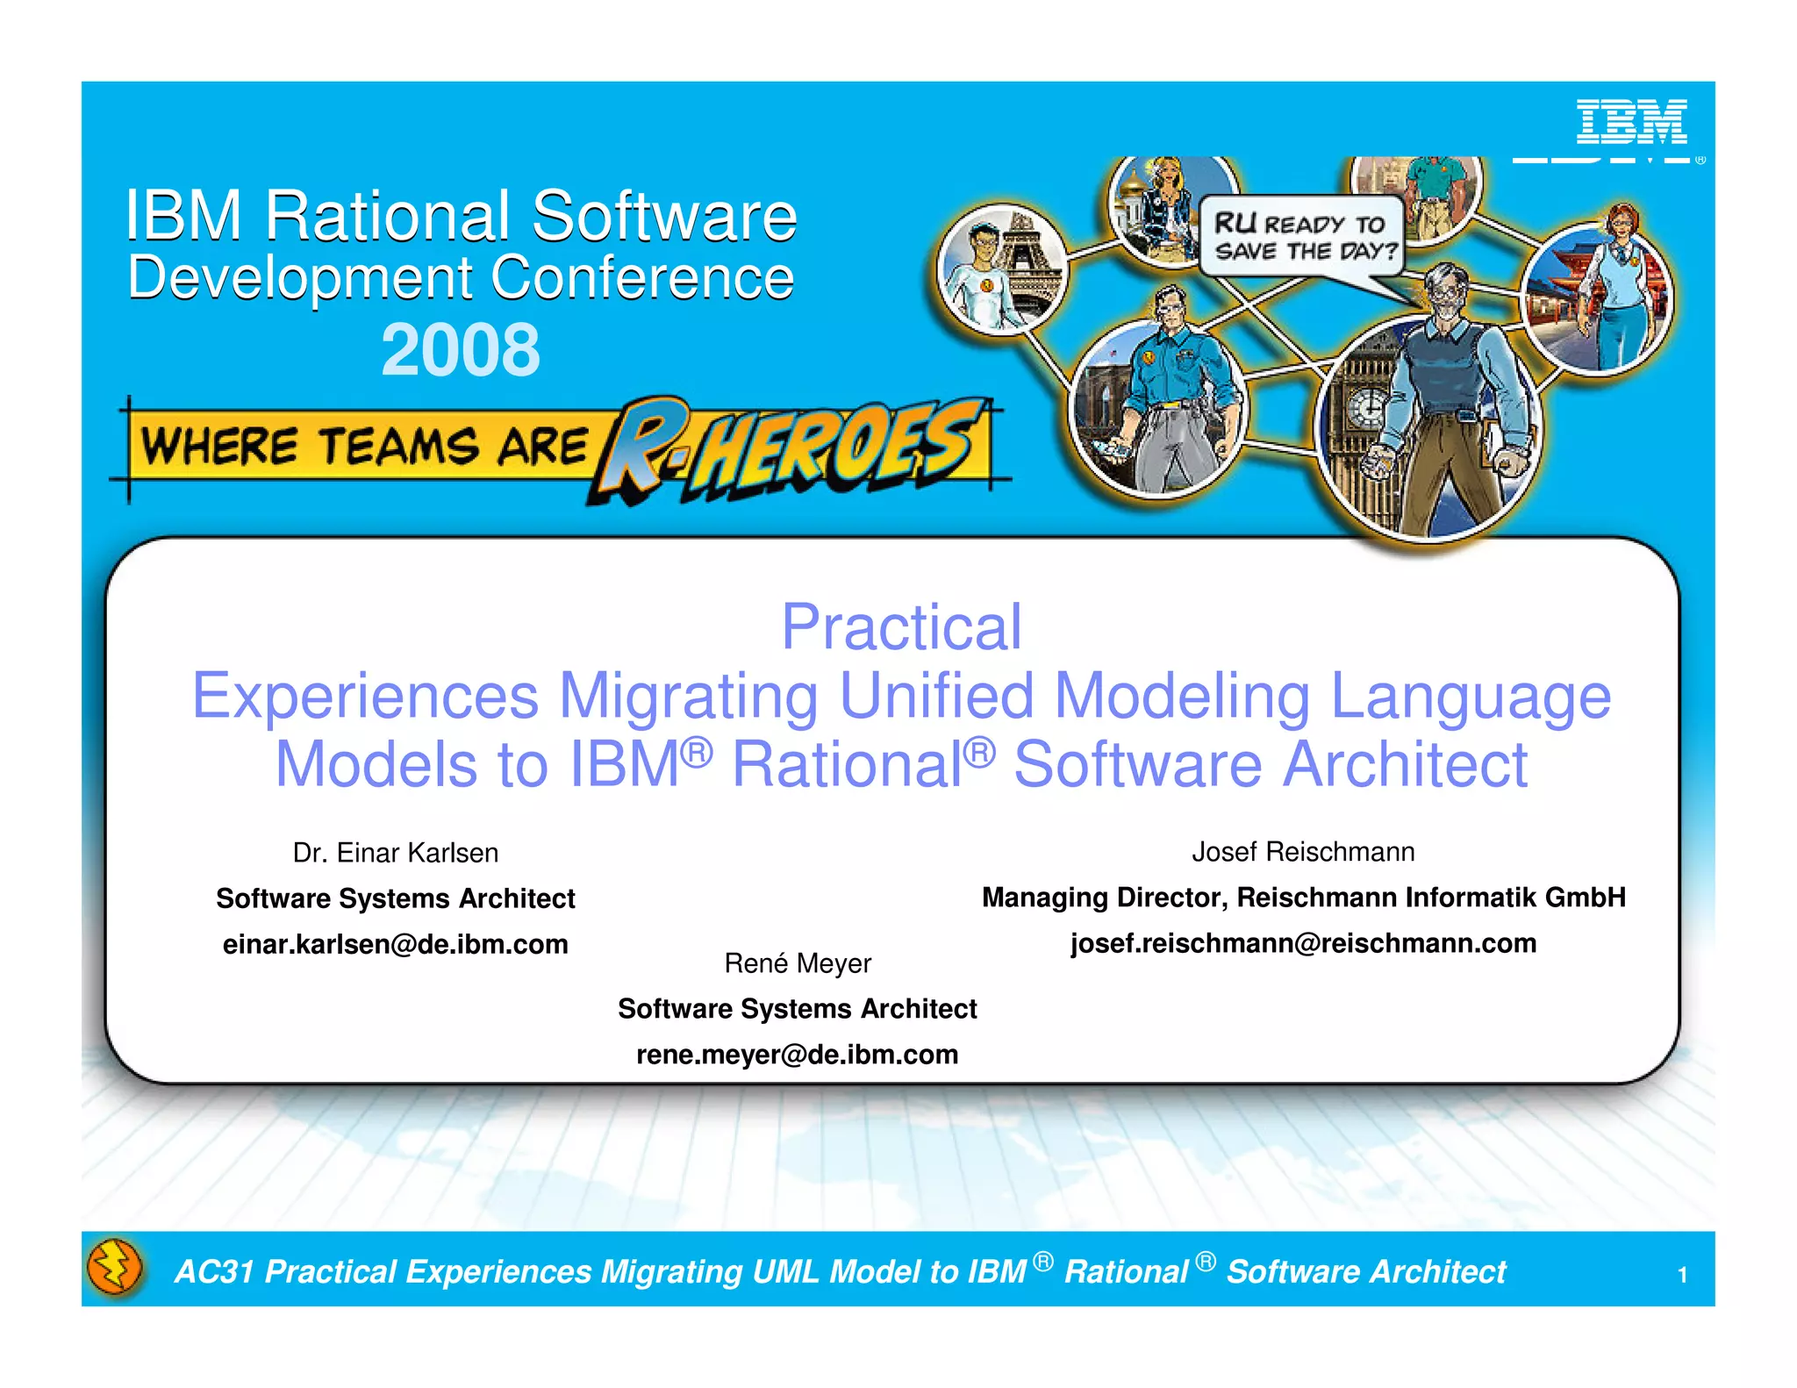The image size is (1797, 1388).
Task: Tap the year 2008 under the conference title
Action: point(461,349)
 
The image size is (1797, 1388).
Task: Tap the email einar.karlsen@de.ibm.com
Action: point(395,944)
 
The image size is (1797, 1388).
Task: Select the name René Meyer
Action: point(797,963)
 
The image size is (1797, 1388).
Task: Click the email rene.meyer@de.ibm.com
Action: point(797,1054)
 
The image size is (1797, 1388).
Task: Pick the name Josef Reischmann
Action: point(1303,852)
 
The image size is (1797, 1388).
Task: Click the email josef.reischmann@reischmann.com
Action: point(1303,943)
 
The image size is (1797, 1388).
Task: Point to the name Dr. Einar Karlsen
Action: point(395,853)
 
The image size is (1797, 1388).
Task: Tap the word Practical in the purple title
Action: point(901,627)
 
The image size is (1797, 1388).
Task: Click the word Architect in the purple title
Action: point(1404,764)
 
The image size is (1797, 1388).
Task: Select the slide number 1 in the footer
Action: point(1682,1275)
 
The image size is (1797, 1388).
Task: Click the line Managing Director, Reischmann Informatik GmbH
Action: point(1303,898)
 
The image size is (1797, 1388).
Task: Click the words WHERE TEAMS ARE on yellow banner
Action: point(364,446)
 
